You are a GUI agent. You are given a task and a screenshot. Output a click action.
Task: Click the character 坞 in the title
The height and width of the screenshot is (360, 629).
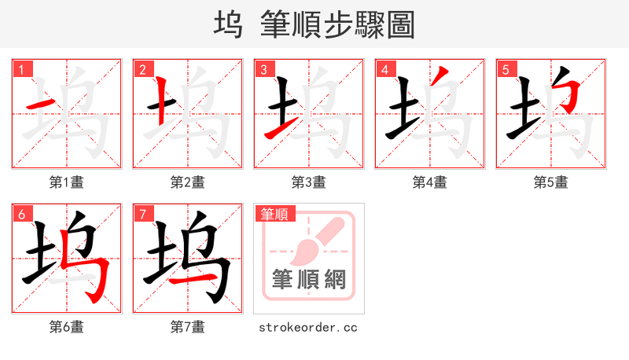(227, 24)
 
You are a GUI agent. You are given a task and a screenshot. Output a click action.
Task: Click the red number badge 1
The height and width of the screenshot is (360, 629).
(21, 69)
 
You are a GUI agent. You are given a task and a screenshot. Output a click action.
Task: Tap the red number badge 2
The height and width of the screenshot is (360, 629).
(142, 69)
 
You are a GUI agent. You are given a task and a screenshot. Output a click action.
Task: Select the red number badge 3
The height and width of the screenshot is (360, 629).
(263, 69)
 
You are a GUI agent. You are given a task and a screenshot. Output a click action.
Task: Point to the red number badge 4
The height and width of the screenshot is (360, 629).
(384, 69)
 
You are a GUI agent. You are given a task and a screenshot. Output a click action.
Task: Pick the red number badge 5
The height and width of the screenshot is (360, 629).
(506, 69)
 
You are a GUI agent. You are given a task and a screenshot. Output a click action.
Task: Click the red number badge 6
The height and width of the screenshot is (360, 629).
(21, 214)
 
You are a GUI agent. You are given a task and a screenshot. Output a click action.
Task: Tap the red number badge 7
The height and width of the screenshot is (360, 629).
(142, 214)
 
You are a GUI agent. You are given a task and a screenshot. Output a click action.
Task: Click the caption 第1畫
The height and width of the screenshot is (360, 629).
(66, 182)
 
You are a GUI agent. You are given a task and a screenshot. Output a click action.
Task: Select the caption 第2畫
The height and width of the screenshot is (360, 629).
(187, 182)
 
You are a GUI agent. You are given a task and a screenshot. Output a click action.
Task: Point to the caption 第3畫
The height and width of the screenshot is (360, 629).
(308, 182)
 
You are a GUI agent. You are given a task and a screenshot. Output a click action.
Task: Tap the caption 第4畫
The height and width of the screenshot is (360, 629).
(429, 182)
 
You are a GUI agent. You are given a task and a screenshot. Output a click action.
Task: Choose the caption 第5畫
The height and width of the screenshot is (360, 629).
(550, 182)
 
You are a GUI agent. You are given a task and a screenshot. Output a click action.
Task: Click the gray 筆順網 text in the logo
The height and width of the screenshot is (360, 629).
(308, 279)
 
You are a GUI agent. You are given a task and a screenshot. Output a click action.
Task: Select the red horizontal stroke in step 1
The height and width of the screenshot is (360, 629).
(41, 104)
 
